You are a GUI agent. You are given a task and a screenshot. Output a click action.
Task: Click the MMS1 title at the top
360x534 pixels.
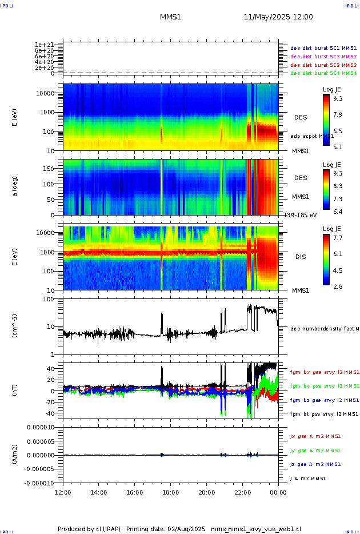coord(170,17)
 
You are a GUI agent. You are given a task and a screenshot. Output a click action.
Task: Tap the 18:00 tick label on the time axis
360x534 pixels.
coord(170,492)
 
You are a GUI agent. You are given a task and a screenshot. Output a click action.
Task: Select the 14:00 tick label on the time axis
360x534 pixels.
coord(99,492)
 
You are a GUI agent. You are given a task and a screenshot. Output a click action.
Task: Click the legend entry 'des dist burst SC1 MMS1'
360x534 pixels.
coord(323,48)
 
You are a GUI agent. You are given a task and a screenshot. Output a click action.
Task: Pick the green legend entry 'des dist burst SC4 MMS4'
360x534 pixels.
coord(323,73)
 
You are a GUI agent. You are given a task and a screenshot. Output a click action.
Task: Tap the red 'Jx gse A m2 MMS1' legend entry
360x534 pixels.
coord(316,436)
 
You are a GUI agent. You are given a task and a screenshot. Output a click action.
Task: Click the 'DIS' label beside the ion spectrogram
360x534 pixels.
coord(301,257)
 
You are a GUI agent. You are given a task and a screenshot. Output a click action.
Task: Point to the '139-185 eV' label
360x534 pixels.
coord(301,215)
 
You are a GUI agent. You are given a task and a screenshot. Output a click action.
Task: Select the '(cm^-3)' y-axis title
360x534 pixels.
coord(15,327)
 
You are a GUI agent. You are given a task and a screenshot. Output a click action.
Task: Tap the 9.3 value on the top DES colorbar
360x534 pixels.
coord(338,98)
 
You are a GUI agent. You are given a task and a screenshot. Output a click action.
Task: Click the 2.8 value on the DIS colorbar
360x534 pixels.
coord(338,286)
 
